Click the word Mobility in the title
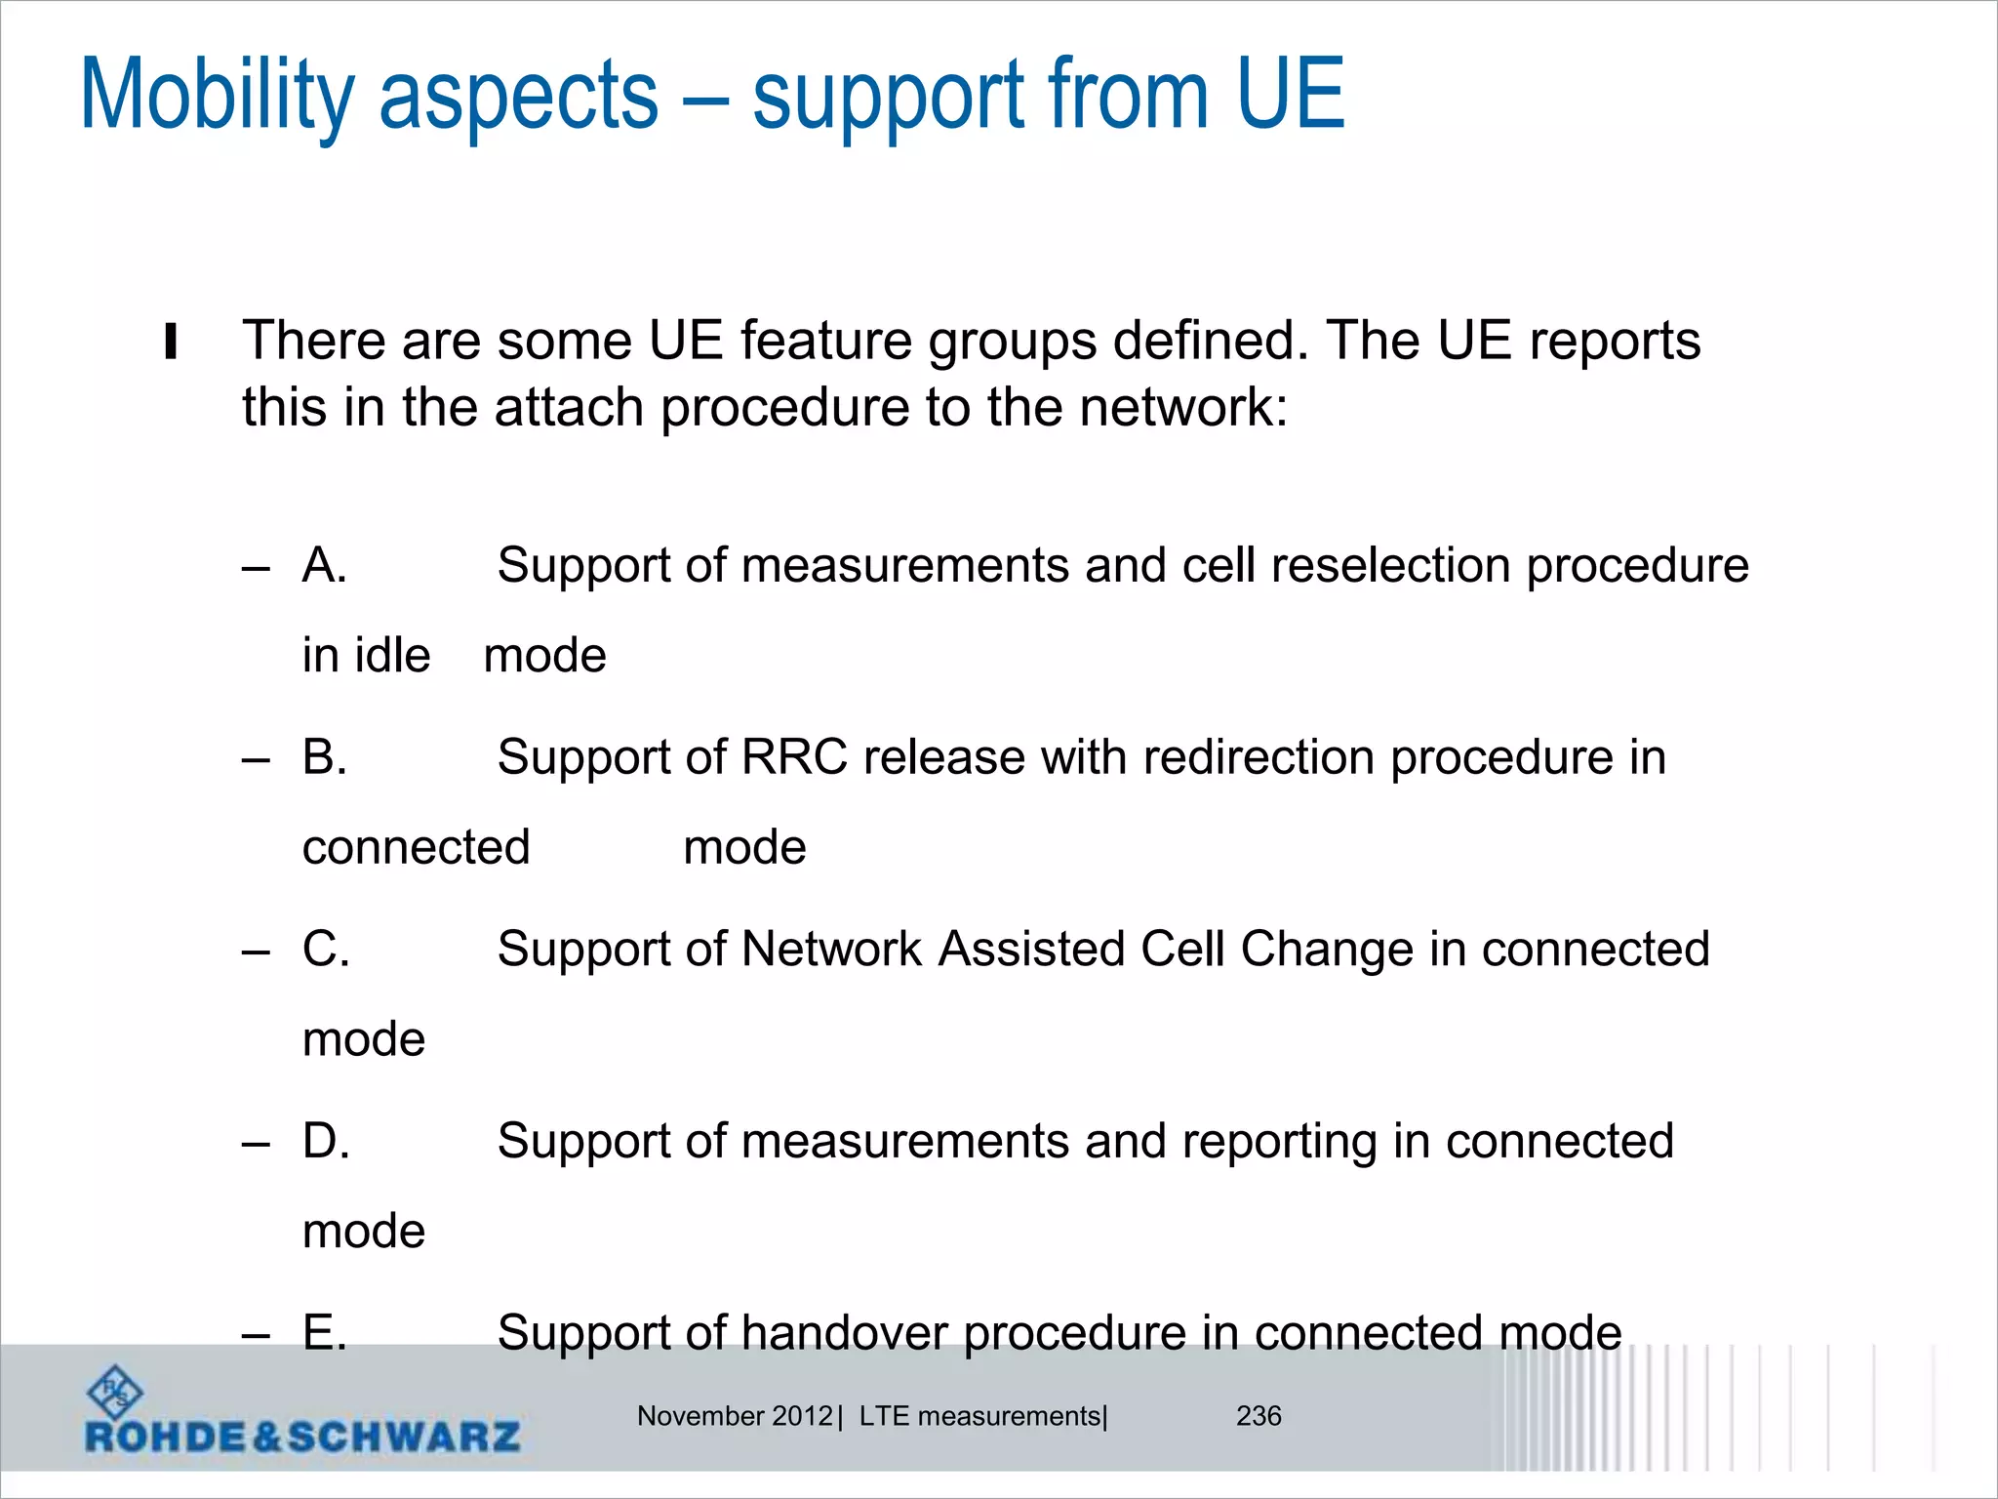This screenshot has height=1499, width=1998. pos(217,96)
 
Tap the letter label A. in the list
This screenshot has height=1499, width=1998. pos(325,565)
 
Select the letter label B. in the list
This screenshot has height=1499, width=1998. pos(325,757)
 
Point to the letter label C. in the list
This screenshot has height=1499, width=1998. pos(326,950)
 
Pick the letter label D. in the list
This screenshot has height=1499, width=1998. pos(326,1141)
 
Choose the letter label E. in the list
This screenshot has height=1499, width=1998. pos(325,1333)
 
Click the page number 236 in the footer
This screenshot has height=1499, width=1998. pos(1259,1416)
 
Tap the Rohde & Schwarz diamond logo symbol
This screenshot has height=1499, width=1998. pos(115,1392)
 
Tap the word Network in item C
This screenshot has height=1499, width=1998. pos(831,950)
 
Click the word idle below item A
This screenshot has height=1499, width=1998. pos(392,655)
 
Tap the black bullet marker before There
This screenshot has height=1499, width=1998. pos(171,342)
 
